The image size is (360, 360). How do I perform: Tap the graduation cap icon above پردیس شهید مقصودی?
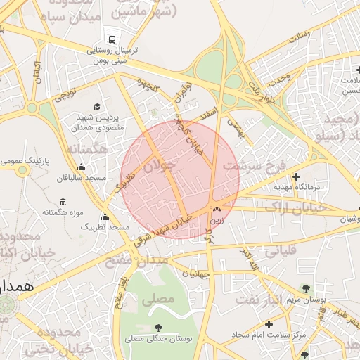96,106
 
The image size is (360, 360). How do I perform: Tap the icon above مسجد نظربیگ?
105,217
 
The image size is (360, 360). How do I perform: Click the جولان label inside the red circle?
157,167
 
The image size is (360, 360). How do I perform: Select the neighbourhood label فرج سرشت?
254,167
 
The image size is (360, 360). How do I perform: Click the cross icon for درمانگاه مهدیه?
296,176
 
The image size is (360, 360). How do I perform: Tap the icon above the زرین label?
217,209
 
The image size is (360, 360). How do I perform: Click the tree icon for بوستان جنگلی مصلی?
158,327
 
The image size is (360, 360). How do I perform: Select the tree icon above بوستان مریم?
305,288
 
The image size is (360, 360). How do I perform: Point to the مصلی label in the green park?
157,299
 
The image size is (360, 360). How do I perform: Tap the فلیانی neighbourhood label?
280,249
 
